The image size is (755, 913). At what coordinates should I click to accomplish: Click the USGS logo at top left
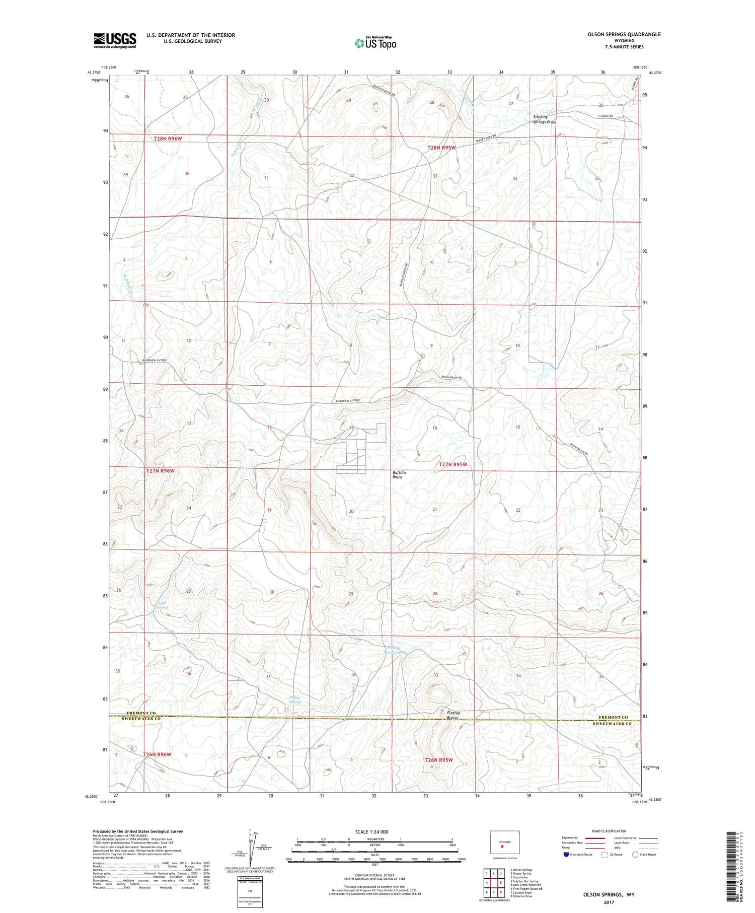click(x=115, y=40)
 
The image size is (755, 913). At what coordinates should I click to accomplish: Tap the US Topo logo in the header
click(x=375, y=43)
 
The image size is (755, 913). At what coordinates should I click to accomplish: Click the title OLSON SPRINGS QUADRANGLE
click(x=624, y=34)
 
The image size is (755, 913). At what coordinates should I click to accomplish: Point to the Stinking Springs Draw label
click(x=545, y=119)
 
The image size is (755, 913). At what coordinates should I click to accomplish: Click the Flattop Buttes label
click(x=453, y=716)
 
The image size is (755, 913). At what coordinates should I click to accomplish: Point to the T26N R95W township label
click(x=438, y=760)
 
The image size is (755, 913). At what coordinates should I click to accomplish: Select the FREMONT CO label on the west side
click(x=141, y=714)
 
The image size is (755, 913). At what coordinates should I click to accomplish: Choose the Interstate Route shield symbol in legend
click(x=566, y=855)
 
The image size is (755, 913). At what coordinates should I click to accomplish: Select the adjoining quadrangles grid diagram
click(x=495, y=882)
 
